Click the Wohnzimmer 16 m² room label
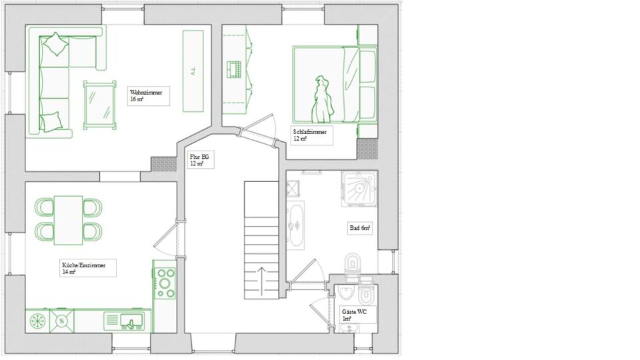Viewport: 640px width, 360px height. pyautogui.click(x=148, y=96)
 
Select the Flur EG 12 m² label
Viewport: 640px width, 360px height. pyautogui.click(x=200, y=160)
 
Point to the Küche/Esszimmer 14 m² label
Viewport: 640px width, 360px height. pyautogui.click(x=87, y=268)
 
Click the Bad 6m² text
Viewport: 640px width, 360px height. pyautogui.click(x=360, y=228)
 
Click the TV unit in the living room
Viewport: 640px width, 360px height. pyautogui.click(x=193, y=71)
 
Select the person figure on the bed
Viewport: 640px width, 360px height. pyautogui.click(x=323, y=99)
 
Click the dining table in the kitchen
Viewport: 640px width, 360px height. pyautogui.click(x=69, y=219)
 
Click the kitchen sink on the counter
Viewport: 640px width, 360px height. pyautogui.click(x=125, y=321)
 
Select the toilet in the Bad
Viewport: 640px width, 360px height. pyautogui.click(x=353, y=264)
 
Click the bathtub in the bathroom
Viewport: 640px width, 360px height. pyautogui.click(x=295, y=225)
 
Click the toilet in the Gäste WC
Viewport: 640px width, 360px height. pyautogui.click(x=366, y=295)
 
